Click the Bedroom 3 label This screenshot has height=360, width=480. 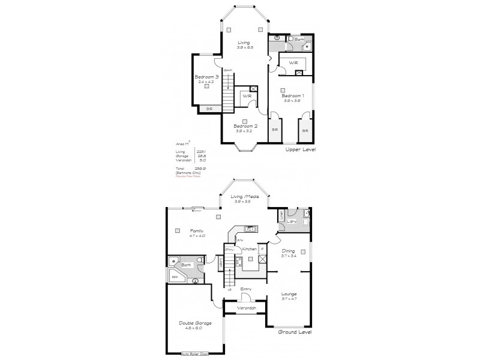pyautogui.click(x=206, y=77)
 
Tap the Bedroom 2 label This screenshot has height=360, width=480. pyautogui.click(x=245, y=126)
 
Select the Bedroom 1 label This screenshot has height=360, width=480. pyautogui.click(x=293, y=96)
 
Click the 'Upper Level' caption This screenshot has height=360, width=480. pyautogui.click(x=301, y=149)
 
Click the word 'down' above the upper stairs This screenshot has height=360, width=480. pyautogui.click(x=228, y=70)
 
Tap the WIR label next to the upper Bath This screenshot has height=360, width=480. pyautogui.click(x=294, y=63)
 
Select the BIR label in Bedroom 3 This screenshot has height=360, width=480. pyautogui.click(x=209, y=109)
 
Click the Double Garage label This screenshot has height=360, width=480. pyautogui.click(x=195, y=323)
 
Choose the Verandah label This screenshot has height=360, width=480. pyautogui.click(x=247, y=308)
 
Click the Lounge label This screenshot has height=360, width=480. pyautogui.click(x=289, y=293)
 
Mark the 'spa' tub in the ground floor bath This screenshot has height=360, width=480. pyautogui.click(x=175, y=277)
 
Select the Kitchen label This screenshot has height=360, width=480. pyautogui.click(x=250, y=248)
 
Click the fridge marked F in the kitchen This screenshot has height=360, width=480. pyautogui.click(x=262, y=248)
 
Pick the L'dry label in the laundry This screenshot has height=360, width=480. pyautogui.click(x=293, y=221)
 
